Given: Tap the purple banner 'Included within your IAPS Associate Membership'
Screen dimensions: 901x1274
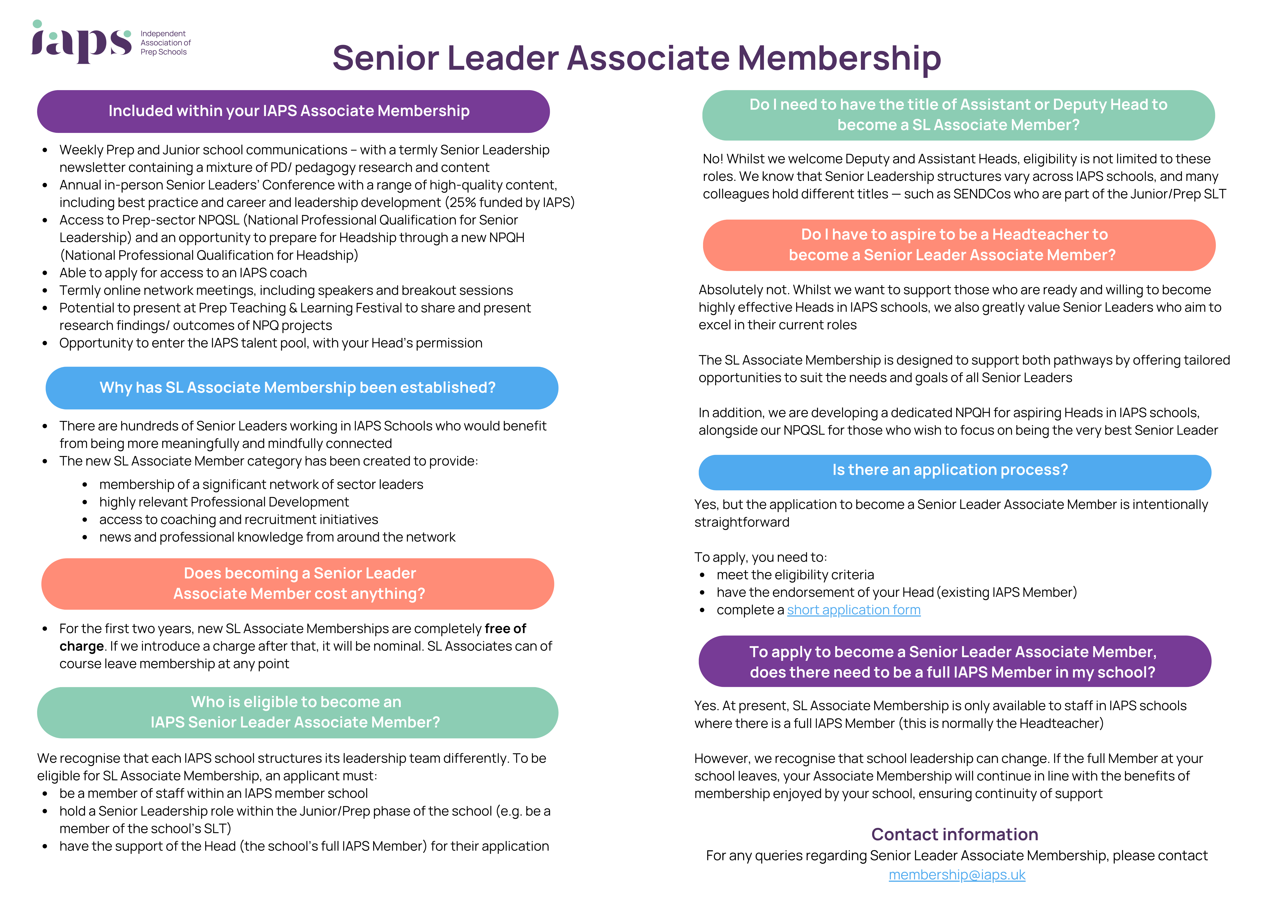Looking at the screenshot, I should click(x=293, y=111).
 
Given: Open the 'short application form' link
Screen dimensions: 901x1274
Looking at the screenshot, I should click(x=853, y=610).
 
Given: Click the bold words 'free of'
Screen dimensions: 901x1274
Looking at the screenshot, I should click(x=505, y=628).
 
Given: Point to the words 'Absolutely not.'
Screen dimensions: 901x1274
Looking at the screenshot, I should click(x=744, y=290).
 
